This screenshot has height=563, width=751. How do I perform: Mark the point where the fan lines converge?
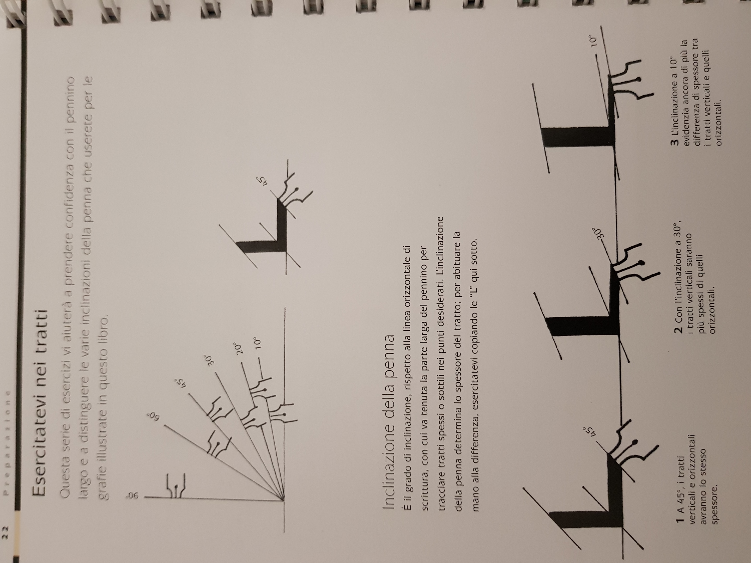[x=283, y=499]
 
